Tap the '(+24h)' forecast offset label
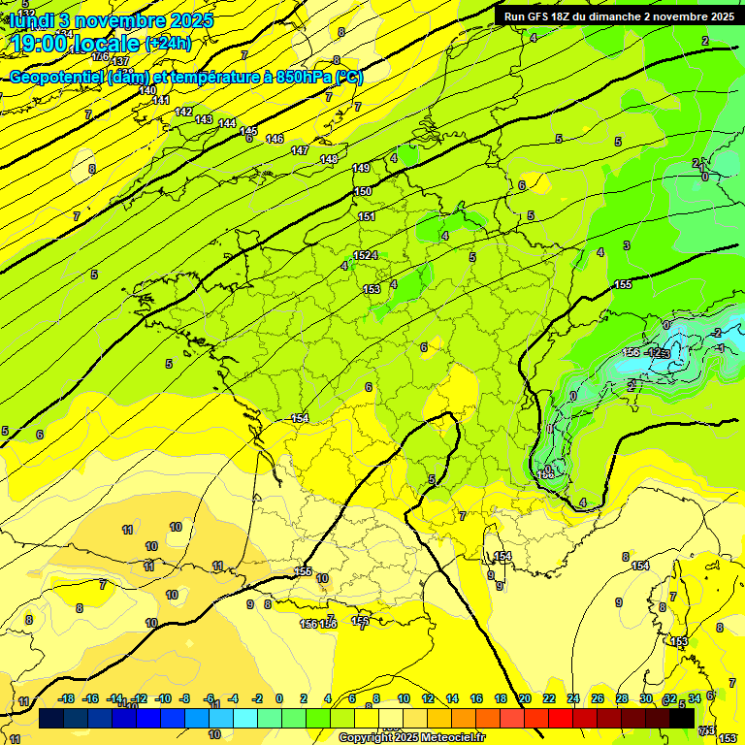pos(168,44)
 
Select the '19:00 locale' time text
pos(75,44)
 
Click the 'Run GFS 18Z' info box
pos(618,16)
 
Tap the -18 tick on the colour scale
pos(66,698)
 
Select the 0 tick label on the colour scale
pos(279,698)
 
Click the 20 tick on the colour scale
pos(525,698)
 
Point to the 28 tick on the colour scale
pos(622,698)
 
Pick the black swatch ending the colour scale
pos(682,719)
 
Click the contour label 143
pos(204,119)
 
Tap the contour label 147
pos(300,150)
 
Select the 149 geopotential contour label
pos(361,169)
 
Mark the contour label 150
pos(363,191)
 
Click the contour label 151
pos(367,216)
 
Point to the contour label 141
pos(161,100)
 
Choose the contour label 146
pos(275,139)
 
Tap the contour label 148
pos(329,159)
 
